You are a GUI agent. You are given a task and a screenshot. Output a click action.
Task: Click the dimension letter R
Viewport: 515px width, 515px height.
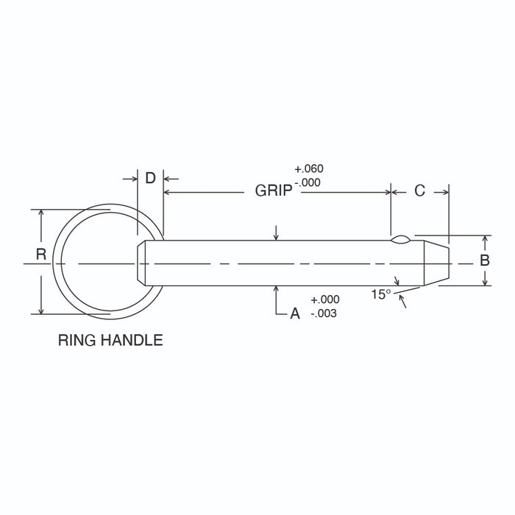click(41, 255)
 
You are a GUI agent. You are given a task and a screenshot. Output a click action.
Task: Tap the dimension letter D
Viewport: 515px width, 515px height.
click(150, 178)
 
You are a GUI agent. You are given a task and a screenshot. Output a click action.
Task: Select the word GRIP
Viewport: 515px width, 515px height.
click(274, 191)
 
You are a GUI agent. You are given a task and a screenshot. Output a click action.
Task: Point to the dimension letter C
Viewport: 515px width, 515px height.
click(419, 191)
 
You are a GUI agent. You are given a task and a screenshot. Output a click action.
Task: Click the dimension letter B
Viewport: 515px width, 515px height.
click(484, 260)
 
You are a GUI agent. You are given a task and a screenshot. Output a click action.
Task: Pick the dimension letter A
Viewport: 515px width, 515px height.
click(294, 313)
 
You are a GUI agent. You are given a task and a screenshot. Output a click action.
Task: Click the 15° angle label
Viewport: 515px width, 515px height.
click(381, 294)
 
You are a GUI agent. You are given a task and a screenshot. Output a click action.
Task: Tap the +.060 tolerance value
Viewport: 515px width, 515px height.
click(308, 168)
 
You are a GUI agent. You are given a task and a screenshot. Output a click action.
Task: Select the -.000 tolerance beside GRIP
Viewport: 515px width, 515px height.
click(308, 183)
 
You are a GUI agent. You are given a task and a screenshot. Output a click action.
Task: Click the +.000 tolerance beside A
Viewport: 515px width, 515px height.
click(325, 299)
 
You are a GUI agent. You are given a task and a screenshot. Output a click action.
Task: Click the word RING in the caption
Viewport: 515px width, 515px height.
click(77, 341)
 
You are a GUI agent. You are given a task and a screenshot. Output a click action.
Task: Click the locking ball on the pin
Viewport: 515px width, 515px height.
click(401, 238)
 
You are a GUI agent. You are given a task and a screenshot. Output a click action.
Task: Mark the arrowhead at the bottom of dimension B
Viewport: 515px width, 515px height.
click(484, 282)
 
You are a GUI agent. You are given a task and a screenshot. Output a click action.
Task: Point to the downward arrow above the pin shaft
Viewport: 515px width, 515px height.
click(276, 235)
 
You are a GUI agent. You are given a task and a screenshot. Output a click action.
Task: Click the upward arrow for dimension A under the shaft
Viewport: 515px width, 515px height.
click(276, 289)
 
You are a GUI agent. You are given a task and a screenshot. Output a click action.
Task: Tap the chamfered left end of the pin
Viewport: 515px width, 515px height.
click(141, 263)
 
